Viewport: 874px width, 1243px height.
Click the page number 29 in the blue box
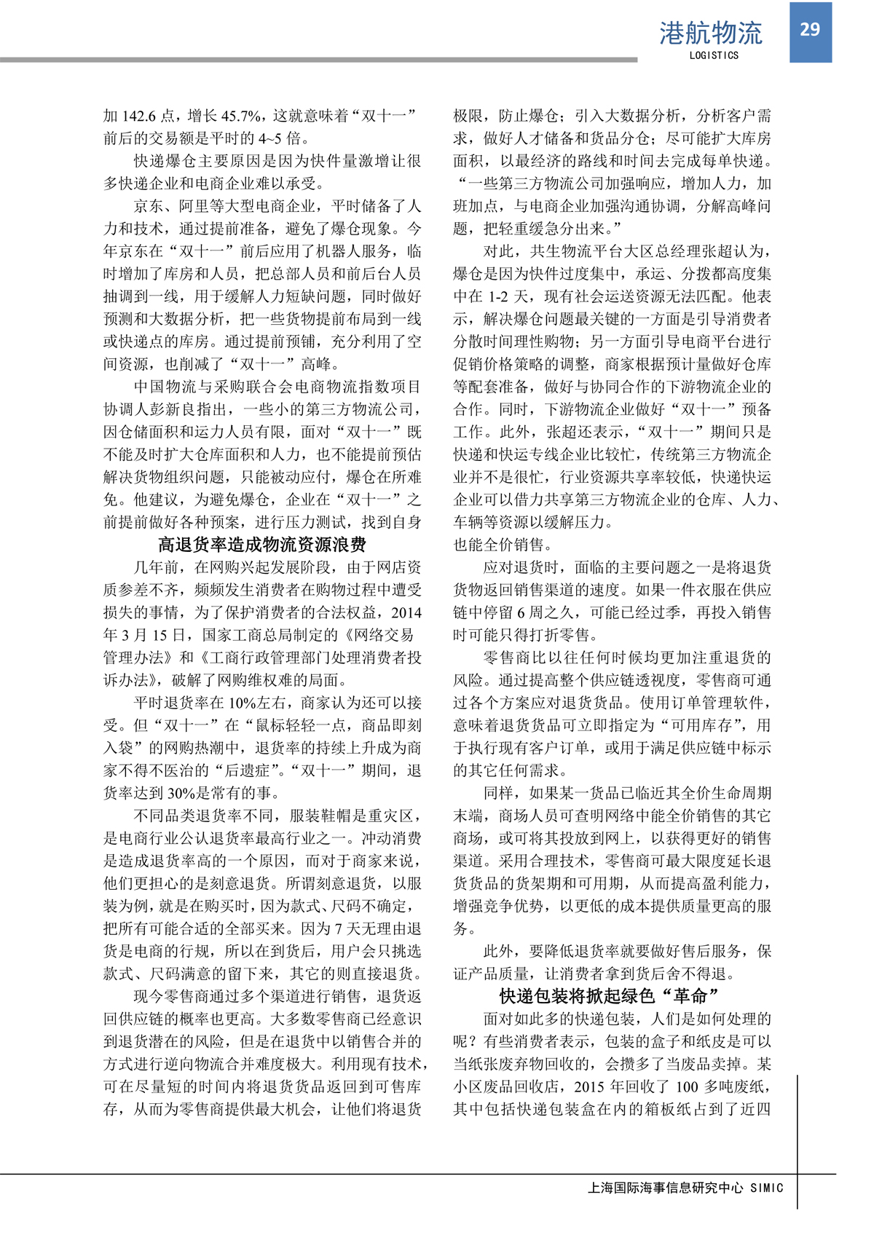[x=810, y=30]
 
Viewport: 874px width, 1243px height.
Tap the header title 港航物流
[x=710, y=33]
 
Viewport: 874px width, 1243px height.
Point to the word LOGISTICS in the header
[x=714, y=55]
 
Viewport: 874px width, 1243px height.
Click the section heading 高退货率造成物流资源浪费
[x=262, y=545]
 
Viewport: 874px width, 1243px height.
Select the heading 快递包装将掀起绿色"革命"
[x=610, y=996]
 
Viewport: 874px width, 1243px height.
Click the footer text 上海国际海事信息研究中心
[x=665, y=1188]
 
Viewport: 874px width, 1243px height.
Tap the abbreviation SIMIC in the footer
[x=767, y=1188]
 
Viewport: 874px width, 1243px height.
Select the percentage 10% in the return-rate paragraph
[x=241, y=703]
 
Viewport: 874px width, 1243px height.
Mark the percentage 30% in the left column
[x=180, y=793]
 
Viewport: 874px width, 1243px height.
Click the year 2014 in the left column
[x=406, y=612]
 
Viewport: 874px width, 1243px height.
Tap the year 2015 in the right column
[x=599, y=1086]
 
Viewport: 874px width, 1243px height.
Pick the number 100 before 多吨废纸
[x=688, y=1086]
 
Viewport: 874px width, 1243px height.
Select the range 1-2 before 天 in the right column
[x=500, y=296]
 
